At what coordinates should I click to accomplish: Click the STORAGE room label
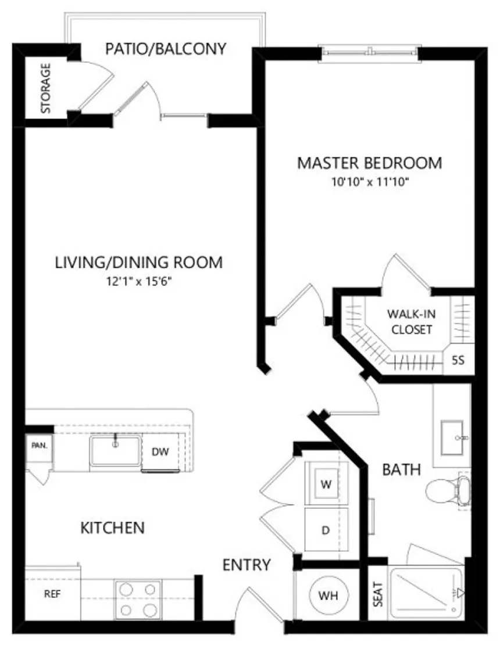45,88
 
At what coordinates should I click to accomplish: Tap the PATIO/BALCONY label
166,49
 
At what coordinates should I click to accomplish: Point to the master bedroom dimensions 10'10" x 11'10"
370,181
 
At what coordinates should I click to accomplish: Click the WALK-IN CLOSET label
412,322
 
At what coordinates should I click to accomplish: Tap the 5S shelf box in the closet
458,361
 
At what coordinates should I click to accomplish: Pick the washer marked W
326,483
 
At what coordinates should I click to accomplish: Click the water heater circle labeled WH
328,595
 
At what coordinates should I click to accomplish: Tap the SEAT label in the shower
378,594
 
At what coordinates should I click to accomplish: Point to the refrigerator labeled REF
53,594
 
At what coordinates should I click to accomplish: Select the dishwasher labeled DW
160,451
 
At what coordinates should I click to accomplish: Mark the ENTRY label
247,565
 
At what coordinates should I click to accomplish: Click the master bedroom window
370,53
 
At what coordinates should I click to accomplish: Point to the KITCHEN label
113,527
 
